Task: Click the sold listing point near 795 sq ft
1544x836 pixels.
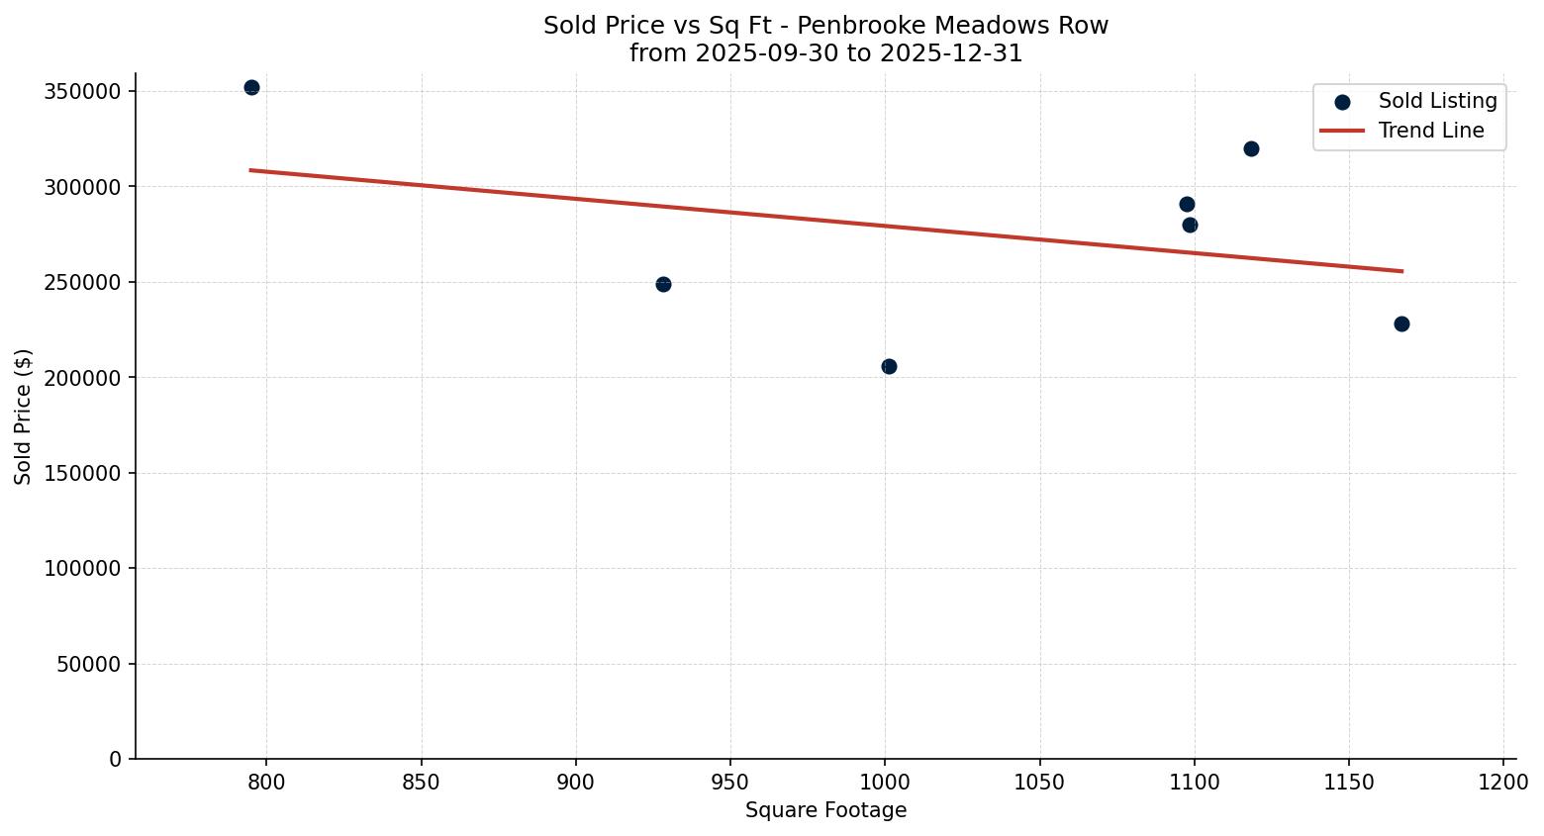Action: (x=251, y=88)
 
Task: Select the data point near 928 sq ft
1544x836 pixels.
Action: (x=663, y=284)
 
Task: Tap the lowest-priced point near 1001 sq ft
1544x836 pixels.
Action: (x=889, y=366)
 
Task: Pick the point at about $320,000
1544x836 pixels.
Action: (x=1251, y=148)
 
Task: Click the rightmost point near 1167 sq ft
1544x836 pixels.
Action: (x=1401, y=324)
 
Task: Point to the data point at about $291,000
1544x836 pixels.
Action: (x=1187, y=204)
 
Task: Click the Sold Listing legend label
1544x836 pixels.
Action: (x=1437, y=101)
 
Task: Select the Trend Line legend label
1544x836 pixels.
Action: (x=1431, y=131)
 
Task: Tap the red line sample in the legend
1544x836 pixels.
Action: (x=1342, y=131)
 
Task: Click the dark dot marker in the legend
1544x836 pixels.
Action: (x=1342, y=102)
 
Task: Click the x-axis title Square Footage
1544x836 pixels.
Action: (x=825, y=810)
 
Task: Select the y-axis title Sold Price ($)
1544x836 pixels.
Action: (x=24, y=416)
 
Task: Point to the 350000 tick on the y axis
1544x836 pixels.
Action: (x=82, y=91)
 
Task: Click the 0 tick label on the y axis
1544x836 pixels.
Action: (x=116, y=759)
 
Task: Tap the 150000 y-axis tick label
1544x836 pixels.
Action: (x=82, y=473)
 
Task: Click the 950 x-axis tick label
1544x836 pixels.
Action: (x=730, y=783)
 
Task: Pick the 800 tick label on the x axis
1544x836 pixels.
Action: (x=266, y=783)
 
